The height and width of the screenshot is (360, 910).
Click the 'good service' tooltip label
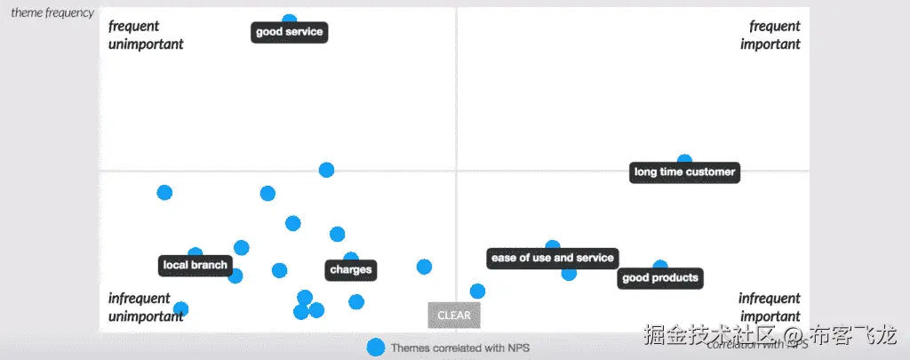289,33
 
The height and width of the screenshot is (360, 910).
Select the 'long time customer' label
684,172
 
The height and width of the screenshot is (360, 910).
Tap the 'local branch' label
196,265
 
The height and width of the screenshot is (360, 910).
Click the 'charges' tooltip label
351,270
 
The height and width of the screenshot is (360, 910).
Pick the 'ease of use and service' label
552,258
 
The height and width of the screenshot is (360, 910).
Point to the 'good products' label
660,278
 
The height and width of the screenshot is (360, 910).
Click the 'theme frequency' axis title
52,12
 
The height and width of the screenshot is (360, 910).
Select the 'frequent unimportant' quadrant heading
146,35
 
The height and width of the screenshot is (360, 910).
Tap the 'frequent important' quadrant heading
770,35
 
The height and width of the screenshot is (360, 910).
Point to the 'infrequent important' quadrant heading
770,307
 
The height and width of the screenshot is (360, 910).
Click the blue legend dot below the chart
376,348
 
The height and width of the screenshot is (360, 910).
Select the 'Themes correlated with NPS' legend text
460,348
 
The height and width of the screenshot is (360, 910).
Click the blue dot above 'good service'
289,19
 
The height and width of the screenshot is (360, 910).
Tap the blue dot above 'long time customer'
684,160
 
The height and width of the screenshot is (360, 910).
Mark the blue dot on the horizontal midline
326,170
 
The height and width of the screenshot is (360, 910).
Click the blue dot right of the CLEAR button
477,291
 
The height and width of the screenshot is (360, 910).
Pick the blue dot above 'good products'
660,266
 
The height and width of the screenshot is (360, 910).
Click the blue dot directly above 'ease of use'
553,246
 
